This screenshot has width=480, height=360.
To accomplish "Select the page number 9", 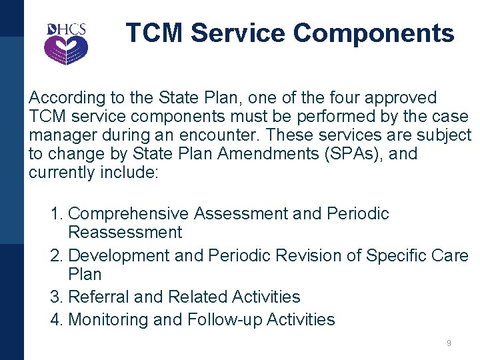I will click(x=449, y=343).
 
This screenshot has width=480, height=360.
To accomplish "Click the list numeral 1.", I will click(x=56, y=214).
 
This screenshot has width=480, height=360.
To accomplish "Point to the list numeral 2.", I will click(x=56, y=255).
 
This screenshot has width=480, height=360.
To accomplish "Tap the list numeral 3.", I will click(x=56, y=297).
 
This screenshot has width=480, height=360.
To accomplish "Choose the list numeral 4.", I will click(x=56, y=319).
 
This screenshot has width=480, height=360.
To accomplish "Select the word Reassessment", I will click(x=125, y=233).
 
